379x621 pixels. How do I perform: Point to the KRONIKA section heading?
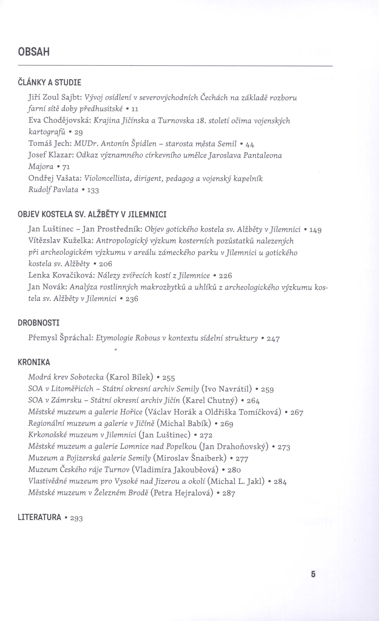(34, 362)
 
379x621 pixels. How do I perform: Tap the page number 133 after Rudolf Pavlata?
(93, 190)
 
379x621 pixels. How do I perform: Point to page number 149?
(315, 230)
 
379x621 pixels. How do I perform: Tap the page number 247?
(273, 339)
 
